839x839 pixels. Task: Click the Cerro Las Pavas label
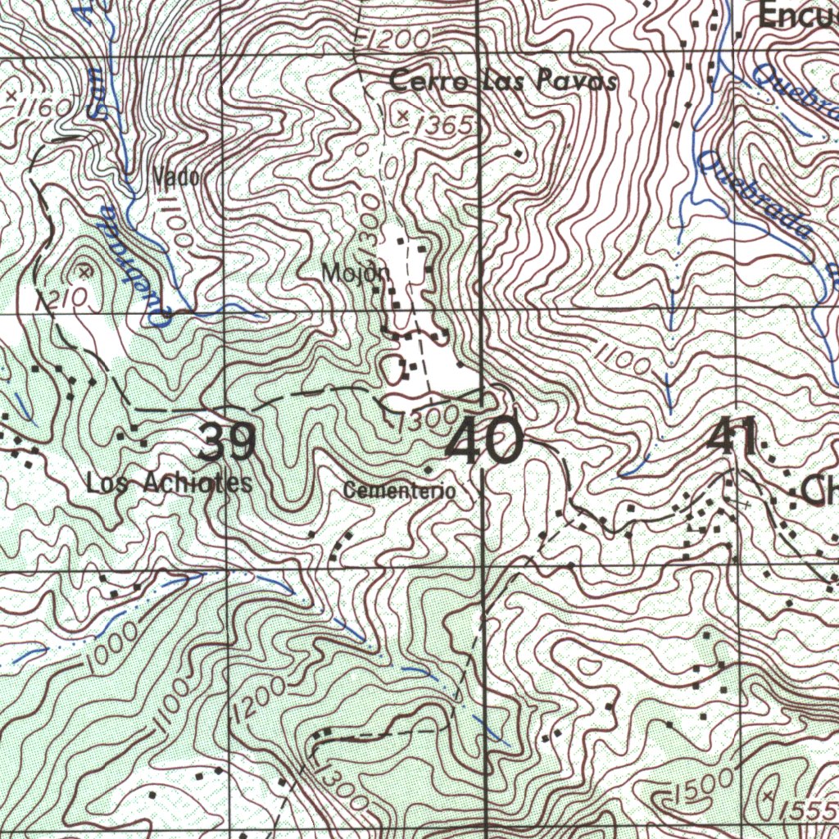pos(503,82)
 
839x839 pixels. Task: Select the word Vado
pos(175,176)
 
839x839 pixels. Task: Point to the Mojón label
pos(352,273)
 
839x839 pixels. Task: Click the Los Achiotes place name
pos(170,483)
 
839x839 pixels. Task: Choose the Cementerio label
pos(399,491)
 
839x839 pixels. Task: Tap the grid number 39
pos(228,443)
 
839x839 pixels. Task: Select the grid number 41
pos(733,438)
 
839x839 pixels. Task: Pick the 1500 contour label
pos(703,787)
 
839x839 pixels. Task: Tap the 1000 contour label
pos(114,653)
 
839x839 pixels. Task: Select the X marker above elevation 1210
pos(84,270)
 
